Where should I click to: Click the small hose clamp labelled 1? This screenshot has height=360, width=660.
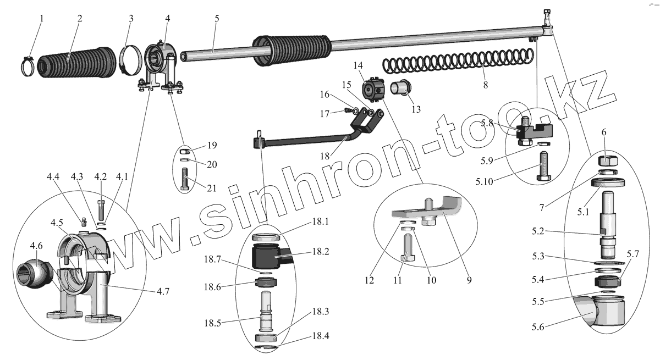point(29,67)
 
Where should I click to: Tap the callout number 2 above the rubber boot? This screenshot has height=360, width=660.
point(80,18)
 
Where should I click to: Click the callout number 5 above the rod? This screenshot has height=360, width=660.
point(217,18)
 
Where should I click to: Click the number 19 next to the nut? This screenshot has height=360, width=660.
point(212,145)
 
